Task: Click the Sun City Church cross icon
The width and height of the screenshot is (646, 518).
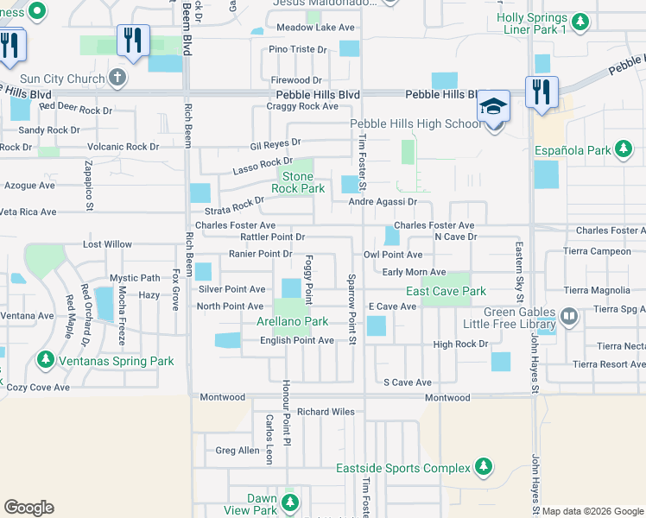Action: (x=118, y=79)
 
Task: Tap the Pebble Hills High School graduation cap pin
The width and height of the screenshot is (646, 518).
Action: (x=495, y=107)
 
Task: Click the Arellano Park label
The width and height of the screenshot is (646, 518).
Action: (x=292, y=322)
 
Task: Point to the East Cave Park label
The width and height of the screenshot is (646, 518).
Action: (x=446, y=292)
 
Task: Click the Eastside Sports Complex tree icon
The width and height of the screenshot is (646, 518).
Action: (x=484, y=468)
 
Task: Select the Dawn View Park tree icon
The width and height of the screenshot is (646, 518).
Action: (x=290, y=502)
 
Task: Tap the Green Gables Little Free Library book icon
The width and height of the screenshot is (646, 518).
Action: (x=568, y=318)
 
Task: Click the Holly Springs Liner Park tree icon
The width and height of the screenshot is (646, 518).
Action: (x=581, y=22)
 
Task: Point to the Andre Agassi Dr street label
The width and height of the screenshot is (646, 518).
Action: (x=383, y=202)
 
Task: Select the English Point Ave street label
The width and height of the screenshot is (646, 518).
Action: (x=297, y=341)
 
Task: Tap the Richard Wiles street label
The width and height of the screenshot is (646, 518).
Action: (x=326, y=412)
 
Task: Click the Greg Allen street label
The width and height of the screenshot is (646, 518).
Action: (x=237, y=451)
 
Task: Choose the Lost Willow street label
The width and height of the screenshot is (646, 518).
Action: (x=107, y=245)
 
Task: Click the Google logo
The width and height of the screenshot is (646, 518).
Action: (x=28, y=508)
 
